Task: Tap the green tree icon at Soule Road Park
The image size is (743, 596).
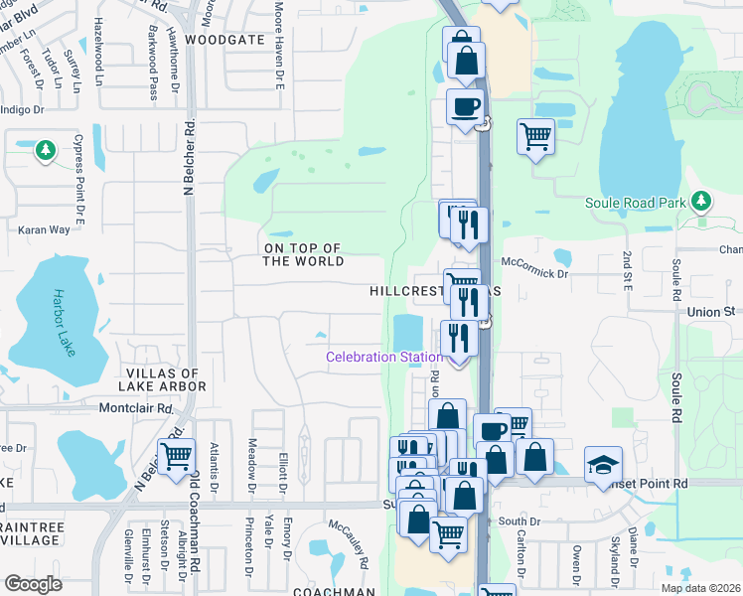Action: pos(701,202)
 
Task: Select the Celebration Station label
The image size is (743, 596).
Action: pos(385,358)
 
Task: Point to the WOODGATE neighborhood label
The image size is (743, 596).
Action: pos(224,40)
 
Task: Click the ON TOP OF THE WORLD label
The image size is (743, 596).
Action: pos(303,254)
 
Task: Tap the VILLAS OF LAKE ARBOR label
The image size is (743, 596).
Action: pos(166,379)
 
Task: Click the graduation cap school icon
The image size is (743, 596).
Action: pos(602,465)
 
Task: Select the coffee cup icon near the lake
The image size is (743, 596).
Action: pos(464,106)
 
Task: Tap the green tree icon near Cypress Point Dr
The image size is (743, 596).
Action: pos(44,150)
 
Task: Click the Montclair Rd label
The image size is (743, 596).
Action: pos(136,408)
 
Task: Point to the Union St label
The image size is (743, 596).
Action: pos(711,312)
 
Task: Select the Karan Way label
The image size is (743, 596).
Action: pos(44,229)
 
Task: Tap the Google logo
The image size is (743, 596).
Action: pos(34,584)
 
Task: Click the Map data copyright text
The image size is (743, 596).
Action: pos(700,588)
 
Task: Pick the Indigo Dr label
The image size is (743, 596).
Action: pos(22,110)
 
